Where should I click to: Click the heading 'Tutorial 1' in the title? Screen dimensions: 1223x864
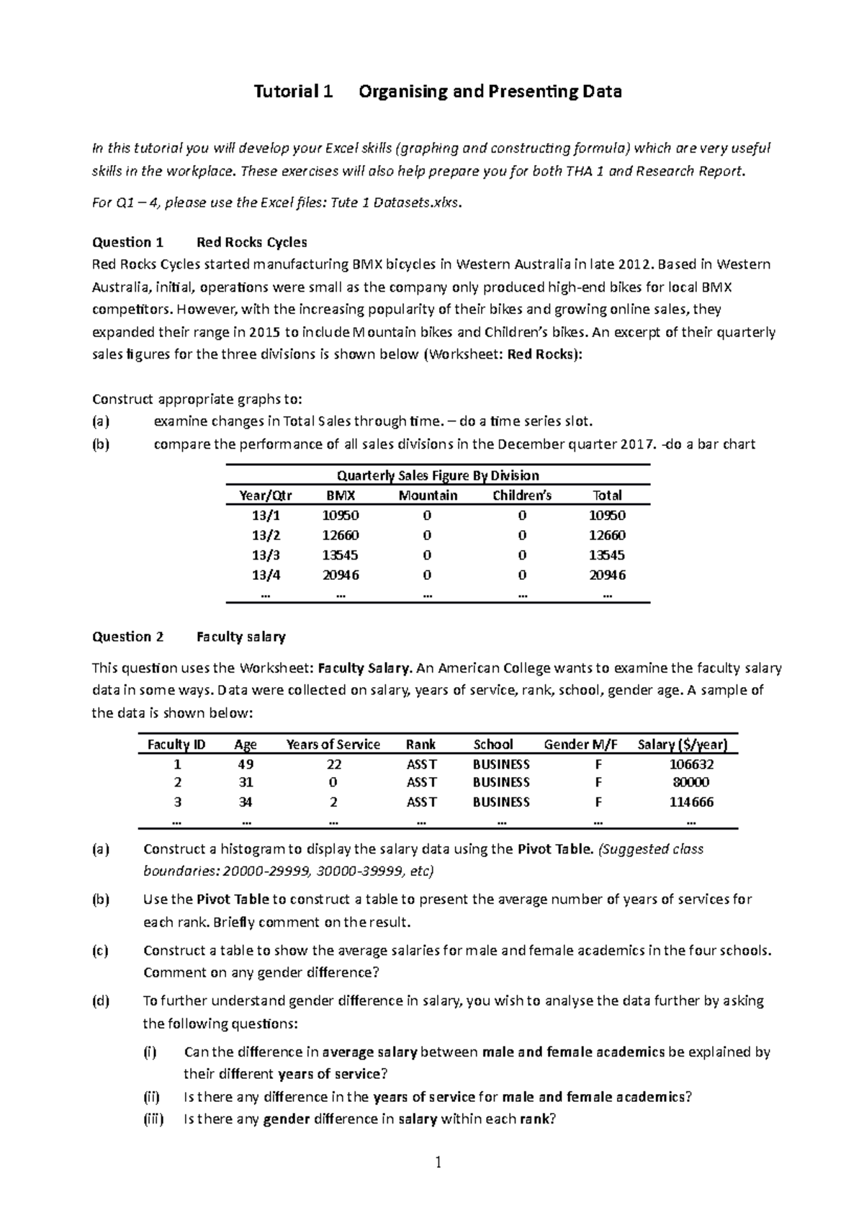pyautogui.click(x=292, y=91)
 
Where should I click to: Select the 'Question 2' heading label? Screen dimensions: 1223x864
pyautogui.click(x=127, y=637)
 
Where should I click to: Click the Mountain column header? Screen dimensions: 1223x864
pyautogui.click(x=428, y=496)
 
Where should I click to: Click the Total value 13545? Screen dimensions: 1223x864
pyautogui.click(x=606, y=555)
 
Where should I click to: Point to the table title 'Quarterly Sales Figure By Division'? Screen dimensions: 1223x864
pyautogui.click(x=438, y=475)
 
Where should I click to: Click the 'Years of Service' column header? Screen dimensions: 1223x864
pyautogui.click(x=333, y=745)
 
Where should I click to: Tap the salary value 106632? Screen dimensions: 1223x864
pyautogui.click(x=691, y=764)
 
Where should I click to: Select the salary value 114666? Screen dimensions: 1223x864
pyautogui.click(x=691, y=802)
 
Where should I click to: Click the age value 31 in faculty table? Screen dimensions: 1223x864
pyautogui.click(x=246, y=783)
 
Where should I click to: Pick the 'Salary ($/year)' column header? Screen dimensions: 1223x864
pyautogui.click(x=682, y=745)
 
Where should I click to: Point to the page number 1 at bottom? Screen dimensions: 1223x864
pyautogui.click(x=436, y=1162)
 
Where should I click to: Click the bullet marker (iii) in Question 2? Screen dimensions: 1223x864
pyautogui.click(x=153, y=1119)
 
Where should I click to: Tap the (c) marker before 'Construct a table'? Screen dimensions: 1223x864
pyautogui.click(x=100, y=951)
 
